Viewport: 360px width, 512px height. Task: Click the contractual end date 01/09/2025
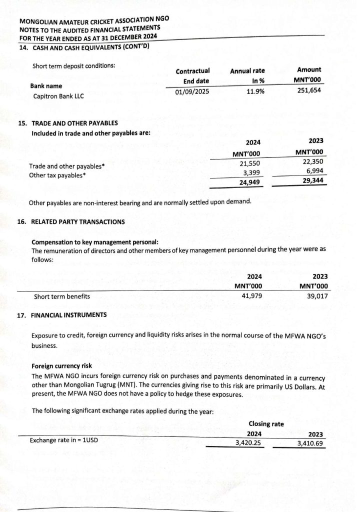[192, 92]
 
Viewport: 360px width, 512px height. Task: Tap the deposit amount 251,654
[309, 90]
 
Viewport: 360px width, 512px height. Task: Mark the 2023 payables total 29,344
[313, 180]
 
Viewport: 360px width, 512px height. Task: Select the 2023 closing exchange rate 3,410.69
[310, 443]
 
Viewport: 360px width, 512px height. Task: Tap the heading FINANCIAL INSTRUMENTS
[68, 315]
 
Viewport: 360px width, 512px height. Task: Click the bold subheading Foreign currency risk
[59, 366]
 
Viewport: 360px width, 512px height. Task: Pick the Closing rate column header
[266, 424]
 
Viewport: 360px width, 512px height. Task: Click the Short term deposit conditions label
[73, 66]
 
